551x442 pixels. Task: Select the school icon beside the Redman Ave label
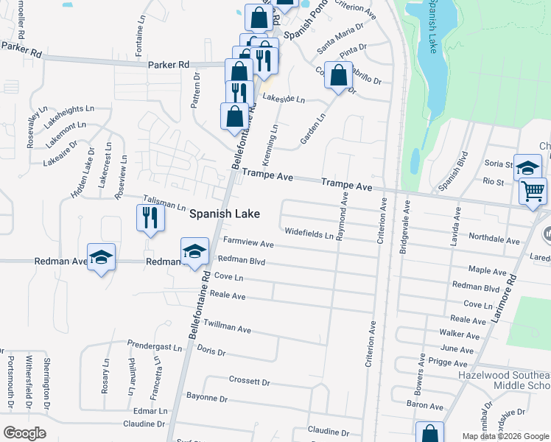(102, 257)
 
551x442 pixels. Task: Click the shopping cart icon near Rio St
(533, 191)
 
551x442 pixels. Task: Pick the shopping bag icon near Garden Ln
(338, 75)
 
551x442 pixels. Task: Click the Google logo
(25, 433)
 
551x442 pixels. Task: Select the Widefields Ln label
(309, 234)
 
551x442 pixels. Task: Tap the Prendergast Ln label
(154, 345)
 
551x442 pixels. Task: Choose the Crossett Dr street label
(250, 381)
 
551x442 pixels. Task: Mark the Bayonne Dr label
(208, 398)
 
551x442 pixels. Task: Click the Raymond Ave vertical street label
(342, 216)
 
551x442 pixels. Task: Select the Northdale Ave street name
(495, 239)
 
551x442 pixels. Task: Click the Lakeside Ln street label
(284, 99)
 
